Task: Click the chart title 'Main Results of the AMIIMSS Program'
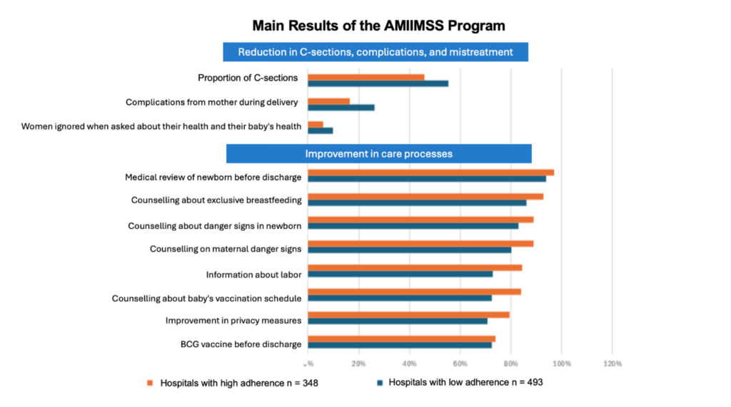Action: pyautogui.click(x=378, y=26)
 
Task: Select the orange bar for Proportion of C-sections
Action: pyautogui.click(x=365, y=77)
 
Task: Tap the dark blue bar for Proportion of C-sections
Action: pyautogui.click(x=378, y=83)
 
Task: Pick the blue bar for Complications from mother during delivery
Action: pyautogui.click(x=341, y=108)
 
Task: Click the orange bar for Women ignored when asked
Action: pyautogui.click(x=315, y=124)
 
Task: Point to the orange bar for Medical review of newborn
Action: pyautogui.click(x=430, y=172)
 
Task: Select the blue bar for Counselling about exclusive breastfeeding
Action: pyautogui.click(x=417, y=202)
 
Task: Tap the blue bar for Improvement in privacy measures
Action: pyautogui.click(x=397, y=321)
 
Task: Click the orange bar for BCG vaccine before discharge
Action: pyautogui.click(x=401, y=339)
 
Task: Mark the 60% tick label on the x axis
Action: pyautogui.click(x=460, y=364)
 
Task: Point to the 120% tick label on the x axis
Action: pyautogui.click(x=612, y=364)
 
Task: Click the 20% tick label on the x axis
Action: pyautogui.click(x=359, y=364)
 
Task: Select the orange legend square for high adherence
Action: pyautogui.click(x=150, y=383)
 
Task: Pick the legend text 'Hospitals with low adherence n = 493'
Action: pyautogui.click(x=465, y=382)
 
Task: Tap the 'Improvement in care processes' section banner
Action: pyautogui.click(x=378, y=153)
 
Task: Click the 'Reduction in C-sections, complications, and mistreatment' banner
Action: pyautogui.click(x=375, y=52)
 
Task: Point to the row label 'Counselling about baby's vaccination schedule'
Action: pyautogui.click(x=206, y=298)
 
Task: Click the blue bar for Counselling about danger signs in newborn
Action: pyautogui.click(x=413, y=226)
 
